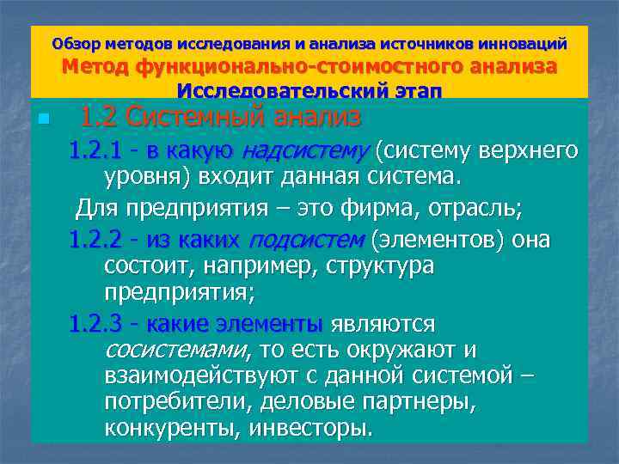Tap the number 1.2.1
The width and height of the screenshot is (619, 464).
click(x=97, y=152)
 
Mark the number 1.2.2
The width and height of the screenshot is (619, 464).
click(x=97, y=238)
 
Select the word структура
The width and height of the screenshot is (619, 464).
click(x=380, y=266)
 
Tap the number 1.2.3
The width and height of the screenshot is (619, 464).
click(x=97, y=324)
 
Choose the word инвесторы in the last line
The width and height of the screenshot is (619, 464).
click(x=310, y=428)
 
